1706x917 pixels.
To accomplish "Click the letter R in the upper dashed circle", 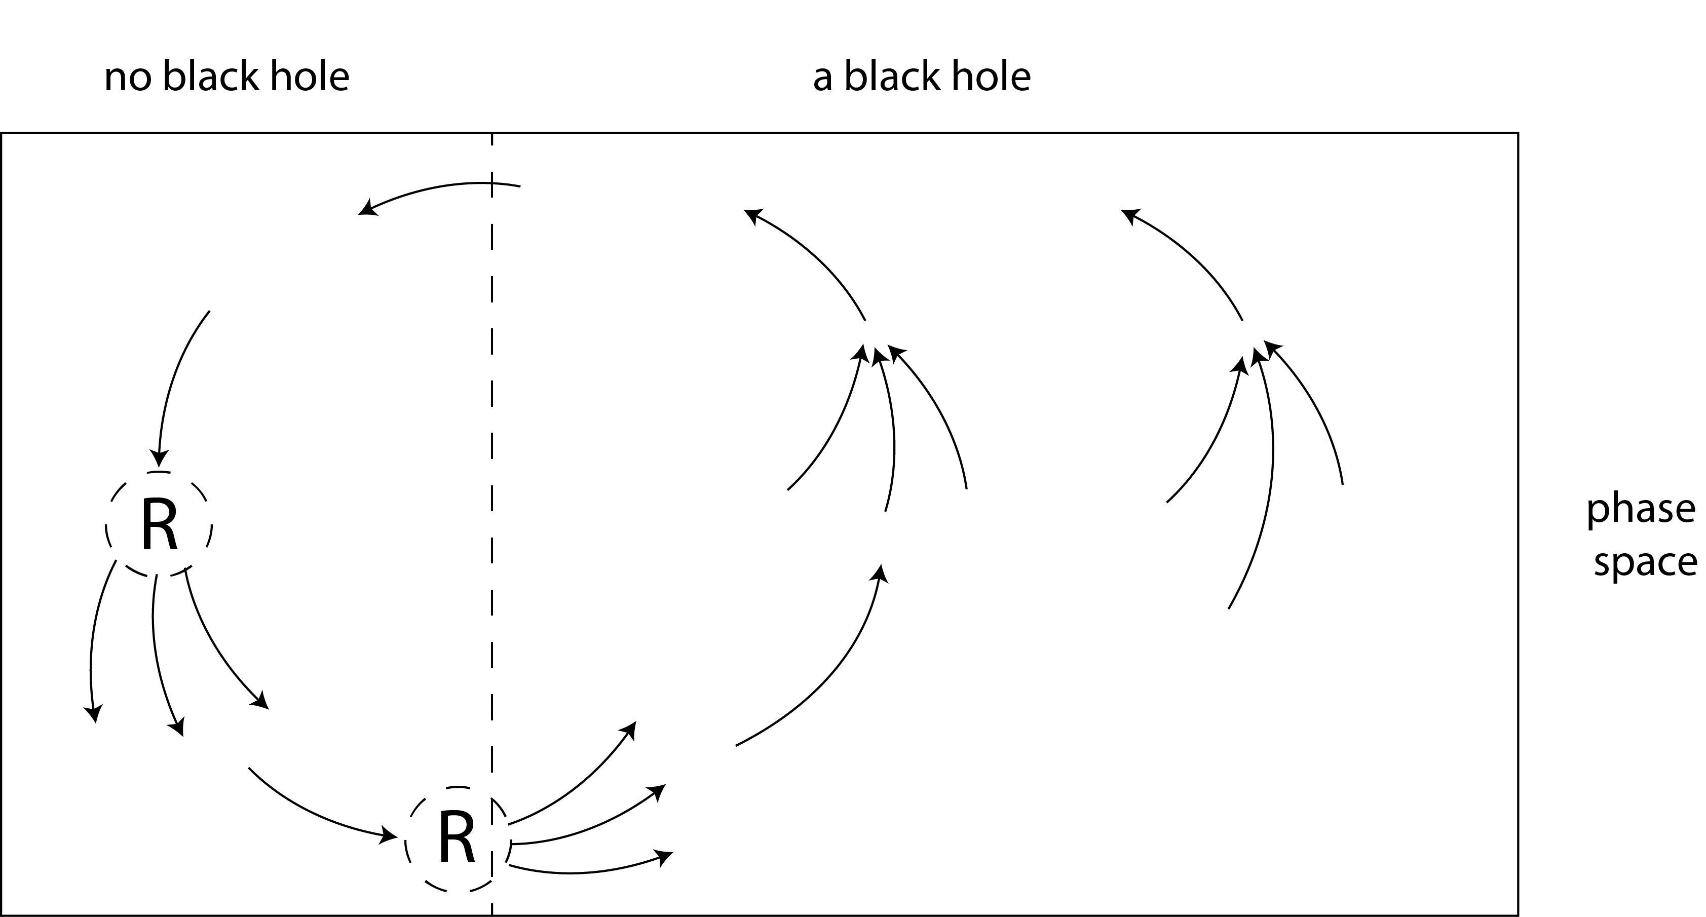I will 159,524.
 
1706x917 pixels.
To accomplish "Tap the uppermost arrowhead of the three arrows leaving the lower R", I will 630,729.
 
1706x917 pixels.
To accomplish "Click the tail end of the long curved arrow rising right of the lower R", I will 736,746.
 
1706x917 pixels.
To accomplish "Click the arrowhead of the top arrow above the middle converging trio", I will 752,215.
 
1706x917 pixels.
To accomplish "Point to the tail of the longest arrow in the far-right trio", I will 1229,608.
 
